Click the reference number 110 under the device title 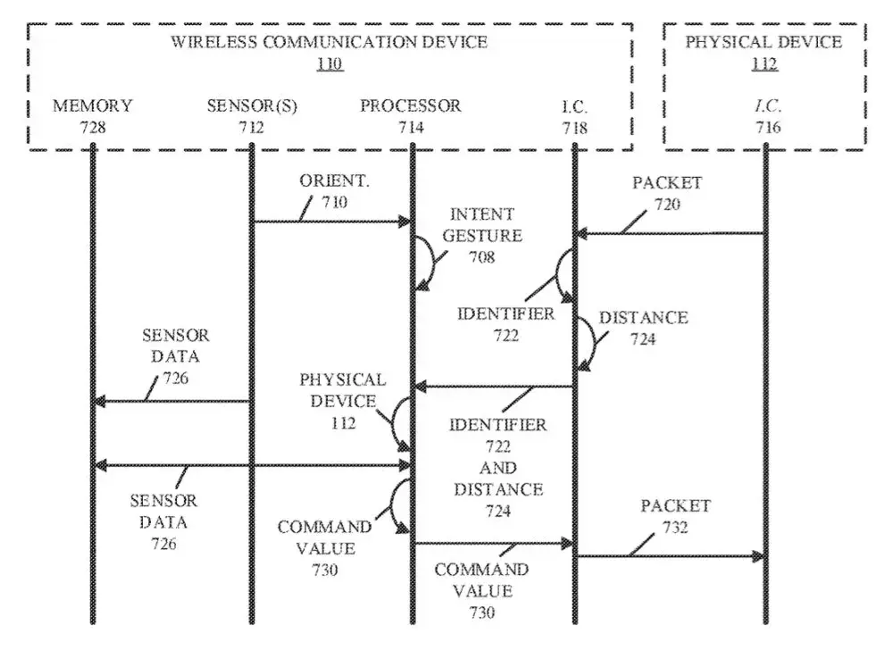330,63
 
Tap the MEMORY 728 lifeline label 92,116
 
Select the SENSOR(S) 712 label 252,116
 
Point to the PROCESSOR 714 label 411,116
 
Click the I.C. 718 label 574,116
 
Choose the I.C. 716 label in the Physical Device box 767,116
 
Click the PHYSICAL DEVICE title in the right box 764,42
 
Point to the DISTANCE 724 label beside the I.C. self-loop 643,328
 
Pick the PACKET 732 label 675,516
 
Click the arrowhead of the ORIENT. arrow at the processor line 405,221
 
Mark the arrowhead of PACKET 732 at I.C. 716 760,557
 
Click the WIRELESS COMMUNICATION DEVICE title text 330,42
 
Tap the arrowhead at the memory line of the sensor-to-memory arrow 98,402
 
